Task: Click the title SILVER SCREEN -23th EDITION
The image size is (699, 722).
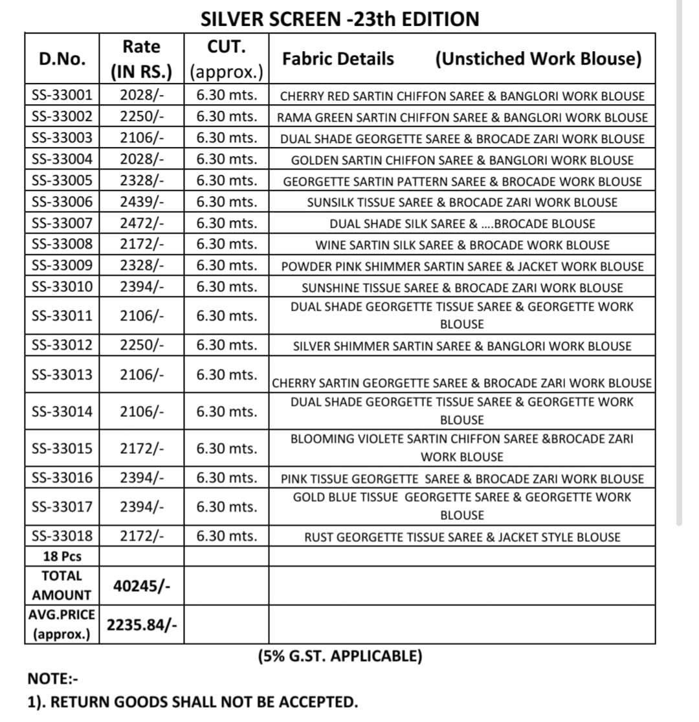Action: click(x=340, y=19)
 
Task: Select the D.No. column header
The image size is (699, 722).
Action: click(x=62, y=59)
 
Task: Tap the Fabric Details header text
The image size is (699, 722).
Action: click(x=338, y=59)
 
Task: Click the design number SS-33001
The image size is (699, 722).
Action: click(x=62, y=96)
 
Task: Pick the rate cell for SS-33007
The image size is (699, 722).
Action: click(x=142, y=223)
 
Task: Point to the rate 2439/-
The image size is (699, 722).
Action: click(x=142, y=202)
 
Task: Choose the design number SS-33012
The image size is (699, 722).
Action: click(x=62, y=345)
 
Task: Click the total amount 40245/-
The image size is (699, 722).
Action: click(x=142, y=585)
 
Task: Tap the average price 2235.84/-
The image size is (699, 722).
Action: click(x=142, y=625)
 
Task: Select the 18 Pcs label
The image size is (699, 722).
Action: click(x=62, y=556)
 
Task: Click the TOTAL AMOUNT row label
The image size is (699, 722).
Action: click(x=62, y=585)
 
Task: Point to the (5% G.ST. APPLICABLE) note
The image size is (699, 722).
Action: click(x=340, y=656)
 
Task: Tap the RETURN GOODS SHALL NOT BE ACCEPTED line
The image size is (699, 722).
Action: click(x=192, y=702)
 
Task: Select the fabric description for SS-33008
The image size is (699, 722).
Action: click(x=462, y=245)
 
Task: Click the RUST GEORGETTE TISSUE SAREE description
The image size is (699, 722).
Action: click(x=462, y=537)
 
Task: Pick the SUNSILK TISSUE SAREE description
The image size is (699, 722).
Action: click(x=462, y=203)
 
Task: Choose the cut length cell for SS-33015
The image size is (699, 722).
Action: click(x=227, y=447)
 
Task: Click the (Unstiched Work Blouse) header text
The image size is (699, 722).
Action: click(x=538, y=59)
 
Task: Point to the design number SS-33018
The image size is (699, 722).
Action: click(x=62, y=536)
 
